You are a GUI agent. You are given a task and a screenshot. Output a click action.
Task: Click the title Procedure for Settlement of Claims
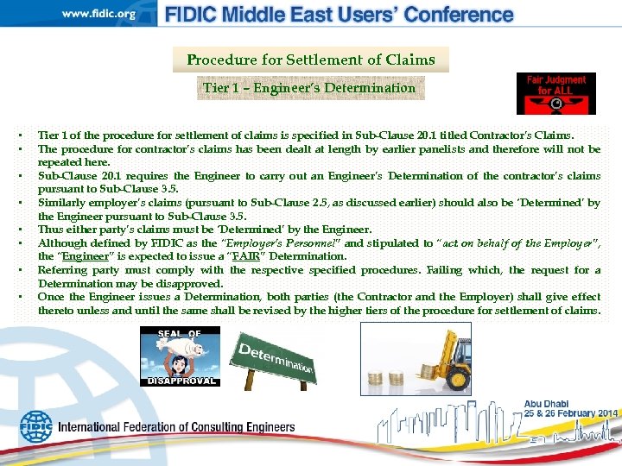(311, 60)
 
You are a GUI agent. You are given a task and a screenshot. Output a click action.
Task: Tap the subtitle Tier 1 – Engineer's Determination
(310, 87)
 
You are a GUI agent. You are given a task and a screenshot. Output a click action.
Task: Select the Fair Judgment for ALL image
(555, 93)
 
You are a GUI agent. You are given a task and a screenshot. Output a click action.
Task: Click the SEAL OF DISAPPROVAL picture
(180, 356)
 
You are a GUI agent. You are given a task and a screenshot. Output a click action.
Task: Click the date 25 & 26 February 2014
(570, 413)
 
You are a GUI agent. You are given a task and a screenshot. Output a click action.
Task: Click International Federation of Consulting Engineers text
(176, 427)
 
